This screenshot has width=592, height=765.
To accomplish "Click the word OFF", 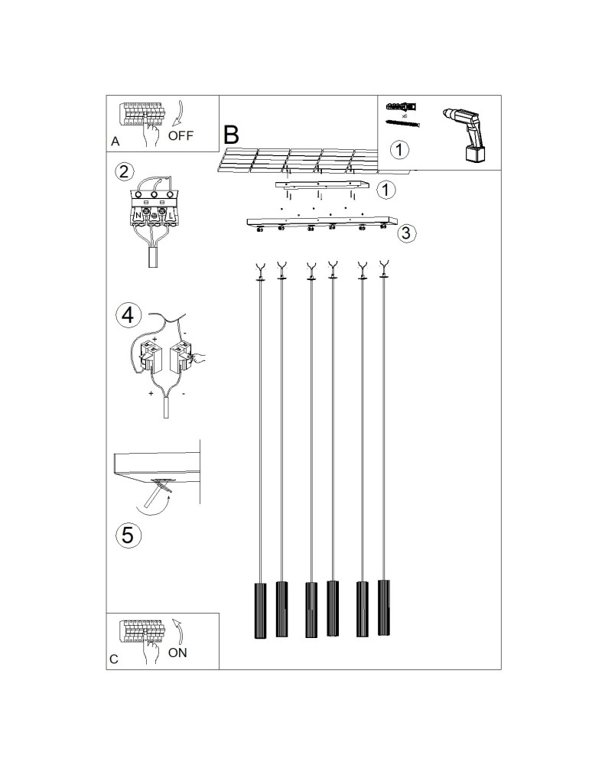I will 181,136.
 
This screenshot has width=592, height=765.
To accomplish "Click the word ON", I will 177,653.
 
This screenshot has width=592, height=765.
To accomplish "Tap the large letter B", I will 231,135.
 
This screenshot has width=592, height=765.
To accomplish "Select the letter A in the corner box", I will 115,142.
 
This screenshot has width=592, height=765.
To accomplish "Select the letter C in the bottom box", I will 114,659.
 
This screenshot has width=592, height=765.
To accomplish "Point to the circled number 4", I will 128,314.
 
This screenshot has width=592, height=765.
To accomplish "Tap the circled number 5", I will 128,535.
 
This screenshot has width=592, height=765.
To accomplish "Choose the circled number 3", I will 408,233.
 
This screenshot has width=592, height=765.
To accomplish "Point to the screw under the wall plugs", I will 404,124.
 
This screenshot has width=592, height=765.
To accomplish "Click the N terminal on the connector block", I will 138,216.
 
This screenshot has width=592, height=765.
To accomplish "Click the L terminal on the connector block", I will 173,216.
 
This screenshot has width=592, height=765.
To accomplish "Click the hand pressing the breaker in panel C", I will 151,651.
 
